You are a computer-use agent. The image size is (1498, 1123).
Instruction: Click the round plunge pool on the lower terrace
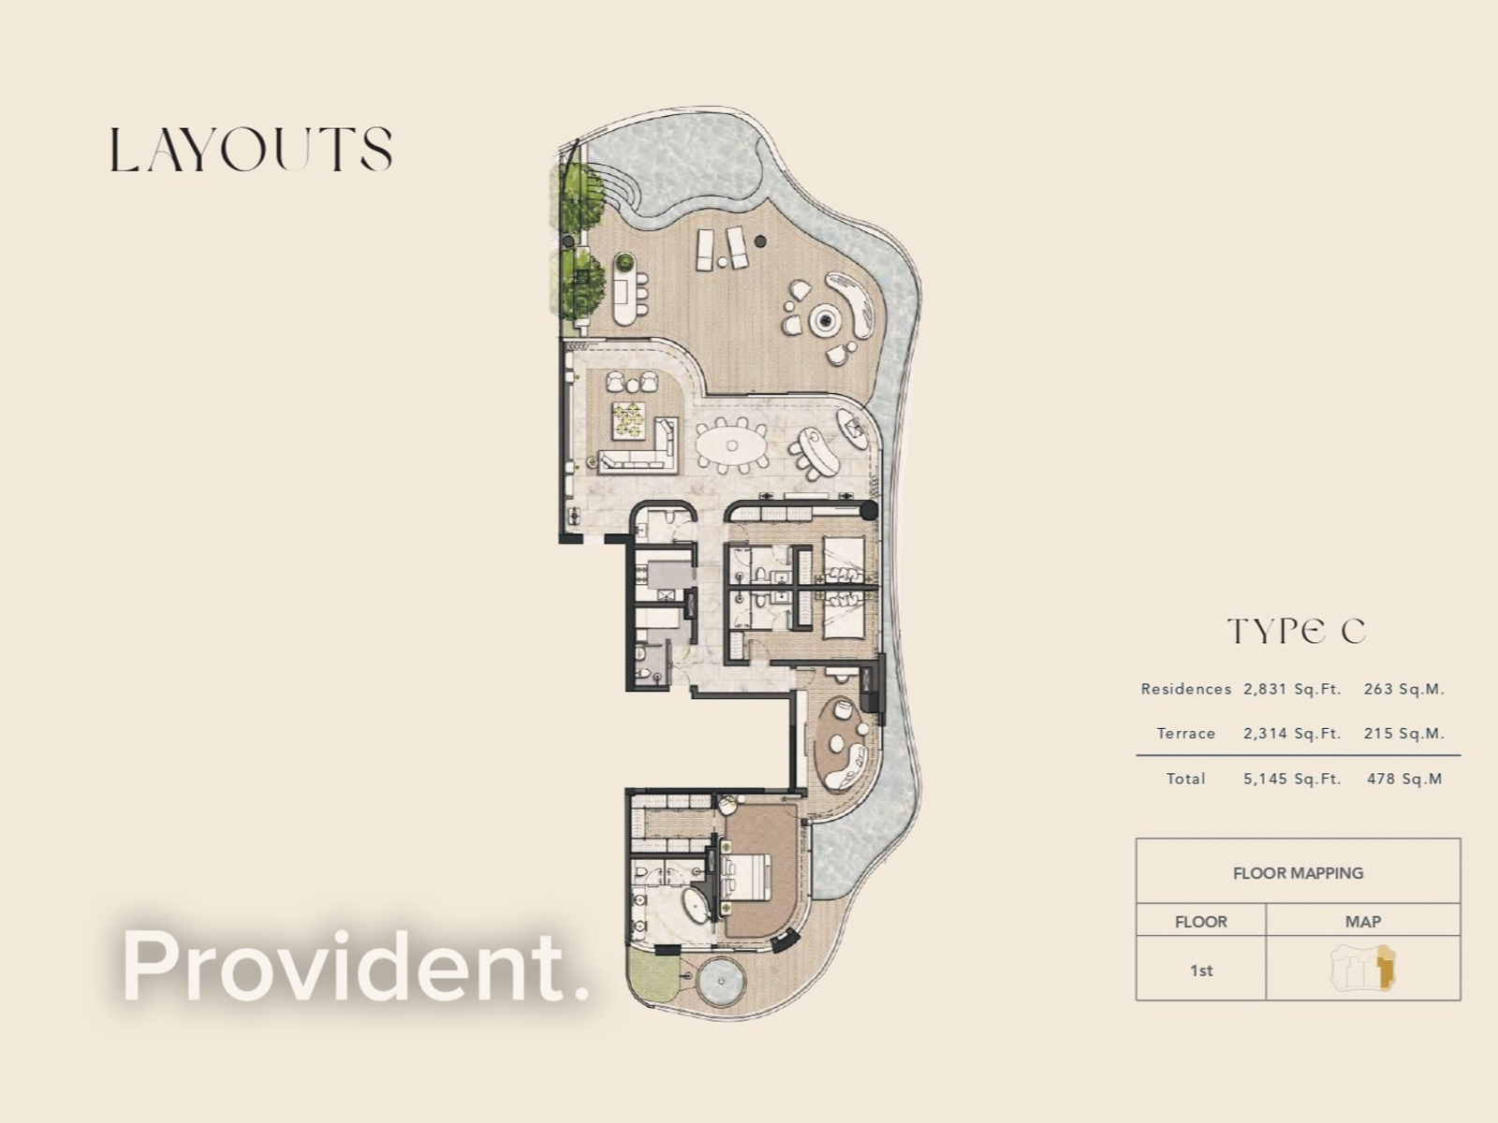coord(723,981)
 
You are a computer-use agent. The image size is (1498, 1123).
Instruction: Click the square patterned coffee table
coord(628,420)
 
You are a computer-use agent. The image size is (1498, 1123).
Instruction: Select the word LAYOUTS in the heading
coord(251,151)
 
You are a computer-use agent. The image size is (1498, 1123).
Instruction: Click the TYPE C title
coord(1297,632)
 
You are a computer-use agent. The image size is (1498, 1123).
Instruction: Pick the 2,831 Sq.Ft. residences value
coord(1292,690)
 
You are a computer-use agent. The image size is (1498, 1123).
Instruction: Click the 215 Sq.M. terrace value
coord(1403,734)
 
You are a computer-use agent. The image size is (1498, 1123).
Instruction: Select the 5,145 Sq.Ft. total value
coord(1292,779)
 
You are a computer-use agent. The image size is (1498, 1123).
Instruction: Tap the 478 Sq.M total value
coord(1403,779)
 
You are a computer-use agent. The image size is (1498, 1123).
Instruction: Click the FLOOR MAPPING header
coord(1298,873)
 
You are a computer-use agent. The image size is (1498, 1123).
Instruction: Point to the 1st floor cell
coord(1201,970)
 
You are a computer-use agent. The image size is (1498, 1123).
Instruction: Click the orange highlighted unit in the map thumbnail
coord(1387,968)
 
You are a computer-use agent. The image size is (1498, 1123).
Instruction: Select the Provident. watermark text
coord(356,966)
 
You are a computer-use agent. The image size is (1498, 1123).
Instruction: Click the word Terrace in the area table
coord(1185,734)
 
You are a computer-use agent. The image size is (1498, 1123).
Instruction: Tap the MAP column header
coord(1362,922)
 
